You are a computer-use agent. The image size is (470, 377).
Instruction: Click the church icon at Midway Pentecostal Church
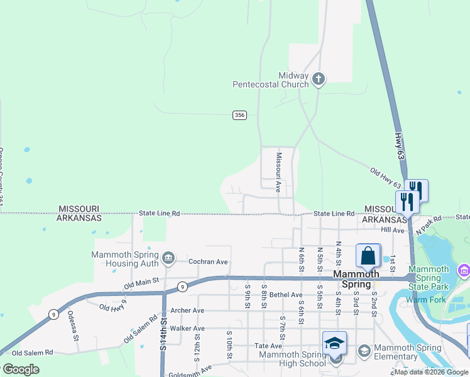pyautogui.click(x=319, y=79)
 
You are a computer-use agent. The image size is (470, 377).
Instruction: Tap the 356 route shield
pyautogui.click(x=239, y=115)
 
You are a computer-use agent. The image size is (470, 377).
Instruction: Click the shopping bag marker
pyautogui.click(x=368, y=256)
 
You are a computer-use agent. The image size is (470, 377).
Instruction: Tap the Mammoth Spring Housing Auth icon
pyautogui.click(x=168, y=258)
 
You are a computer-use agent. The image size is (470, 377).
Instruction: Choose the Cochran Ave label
pyautogui.click(x=208, y=261)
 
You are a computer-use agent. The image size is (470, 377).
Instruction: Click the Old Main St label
pyautogui.click(x=142, y=283)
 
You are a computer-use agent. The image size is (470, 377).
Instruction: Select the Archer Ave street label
pyautogui.click(x=187, y=310)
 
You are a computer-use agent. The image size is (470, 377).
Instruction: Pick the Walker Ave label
pyautogui.click(x=187, y=329)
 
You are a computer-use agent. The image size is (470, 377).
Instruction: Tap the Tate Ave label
pyautogui.click(x=268, y=346)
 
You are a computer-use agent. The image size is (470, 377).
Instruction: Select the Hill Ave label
pyautogui.click(x=393, y=231)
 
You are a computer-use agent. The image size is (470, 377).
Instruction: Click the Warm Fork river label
pyautogui.click(x=426, y=300)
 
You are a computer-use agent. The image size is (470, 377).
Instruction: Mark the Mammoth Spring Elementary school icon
pyautogui.click(x=363, y=349)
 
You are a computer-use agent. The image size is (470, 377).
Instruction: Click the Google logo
pyautogui.click(x=21, y=369)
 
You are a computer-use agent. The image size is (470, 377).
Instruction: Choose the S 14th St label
pyautogui.click(x=163, y=334)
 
